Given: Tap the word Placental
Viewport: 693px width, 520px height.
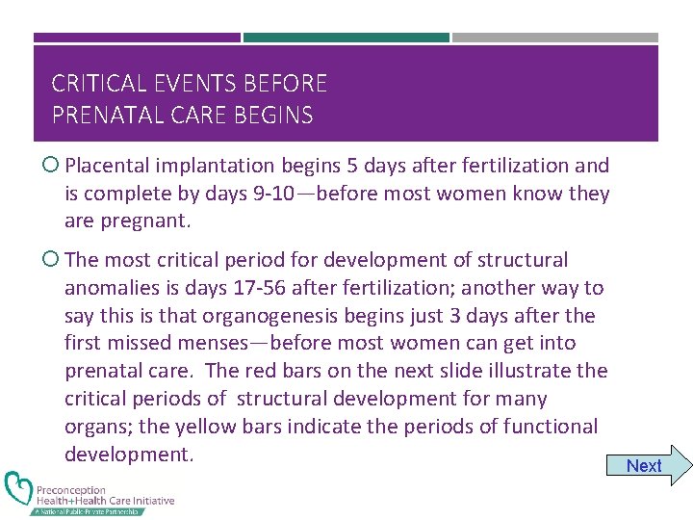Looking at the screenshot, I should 106,166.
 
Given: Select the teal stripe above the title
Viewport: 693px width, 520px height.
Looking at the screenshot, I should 346,38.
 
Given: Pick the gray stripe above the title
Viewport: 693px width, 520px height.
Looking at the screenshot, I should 555,38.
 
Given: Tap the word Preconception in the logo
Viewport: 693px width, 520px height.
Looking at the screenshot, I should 71,489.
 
